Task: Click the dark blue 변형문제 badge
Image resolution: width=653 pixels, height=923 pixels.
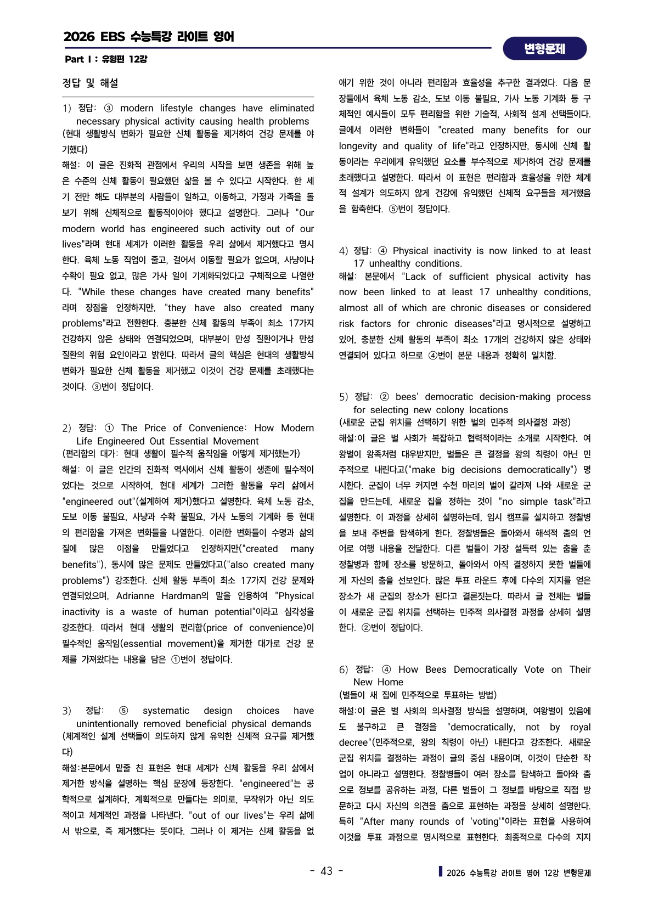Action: click(x=544, y=49)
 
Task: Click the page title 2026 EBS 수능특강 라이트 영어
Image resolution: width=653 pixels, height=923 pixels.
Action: click(x=149, y=37)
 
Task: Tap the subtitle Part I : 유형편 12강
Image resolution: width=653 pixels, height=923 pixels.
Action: click(x=105, y=59)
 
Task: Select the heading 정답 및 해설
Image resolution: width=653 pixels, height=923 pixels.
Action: click(x=90, y=83)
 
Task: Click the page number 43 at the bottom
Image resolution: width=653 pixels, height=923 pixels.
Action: click(x=327, y=871)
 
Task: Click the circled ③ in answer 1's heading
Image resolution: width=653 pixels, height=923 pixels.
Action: click(x=108, y=108)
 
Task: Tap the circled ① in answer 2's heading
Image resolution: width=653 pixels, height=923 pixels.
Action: click(x=109, y=428)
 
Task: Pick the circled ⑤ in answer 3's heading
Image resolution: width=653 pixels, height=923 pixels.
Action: click(x=123, y=711)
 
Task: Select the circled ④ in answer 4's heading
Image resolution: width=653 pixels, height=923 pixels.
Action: click(x=382, y=251)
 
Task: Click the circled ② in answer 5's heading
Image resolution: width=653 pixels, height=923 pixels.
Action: click(x=384, y=397)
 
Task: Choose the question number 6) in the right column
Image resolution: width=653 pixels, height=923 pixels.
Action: click(x=344, y=669)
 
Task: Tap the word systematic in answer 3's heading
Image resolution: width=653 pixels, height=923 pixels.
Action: click(x=166, y=711)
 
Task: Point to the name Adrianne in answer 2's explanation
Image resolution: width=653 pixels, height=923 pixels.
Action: click(x=136, y=596)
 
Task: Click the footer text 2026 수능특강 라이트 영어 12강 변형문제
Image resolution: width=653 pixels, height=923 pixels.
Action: click(x=519, y=873)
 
